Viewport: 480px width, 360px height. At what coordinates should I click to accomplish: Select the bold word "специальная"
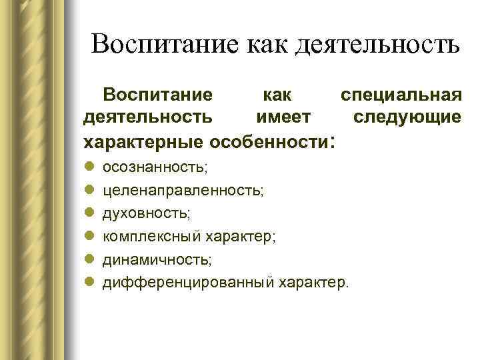(400, 93)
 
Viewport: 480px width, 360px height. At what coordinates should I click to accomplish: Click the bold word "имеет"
(283, 117)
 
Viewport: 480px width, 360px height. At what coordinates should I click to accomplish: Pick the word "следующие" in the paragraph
(406, 117)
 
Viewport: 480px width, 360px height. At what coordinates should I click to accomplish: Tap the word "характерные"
(144, 142)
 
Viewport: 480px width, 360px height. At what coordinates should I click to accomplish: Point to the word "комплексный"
(143, 237)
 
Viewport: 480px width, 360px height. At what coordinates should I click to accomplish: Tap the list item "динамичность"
(157, 259)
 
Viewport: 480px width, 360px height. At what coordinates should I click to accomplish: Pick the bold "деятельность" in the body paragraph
(147, 117)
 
